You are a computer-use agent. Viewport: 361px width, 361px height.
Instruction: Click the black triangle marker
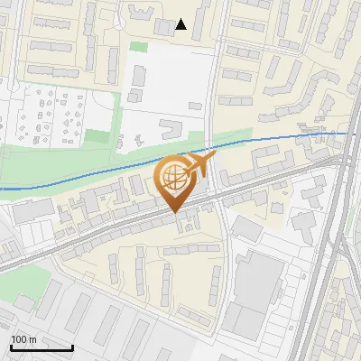click(181, 24)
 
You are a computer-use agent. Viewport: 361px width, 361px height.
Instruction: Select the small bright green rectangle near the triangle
click(138, 46)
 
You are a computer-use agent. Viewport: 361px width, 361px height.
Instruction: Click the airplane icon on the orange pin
click(199, 164)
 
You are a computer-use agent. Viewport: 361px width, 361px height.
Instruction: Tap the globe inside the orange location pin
click(171, 177)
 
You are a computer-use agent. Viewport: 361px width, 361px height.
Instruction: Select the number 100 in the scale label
click(19, 339)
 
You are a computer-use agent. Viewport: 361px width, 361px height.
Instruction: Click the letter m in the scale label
click(32, 339)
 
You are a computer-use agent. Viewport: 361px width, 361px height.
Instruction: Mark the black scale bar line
click(42, 347)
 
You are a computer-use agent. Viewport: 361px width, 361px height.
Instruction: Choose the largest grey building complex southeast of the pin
click(257, 289)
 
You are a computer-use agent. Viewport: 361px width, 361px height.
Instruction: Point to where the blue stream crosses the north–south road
click(215, 146)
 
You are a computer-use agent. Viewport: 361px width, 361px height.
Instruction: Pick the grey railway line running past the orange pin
click(108, 230)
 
